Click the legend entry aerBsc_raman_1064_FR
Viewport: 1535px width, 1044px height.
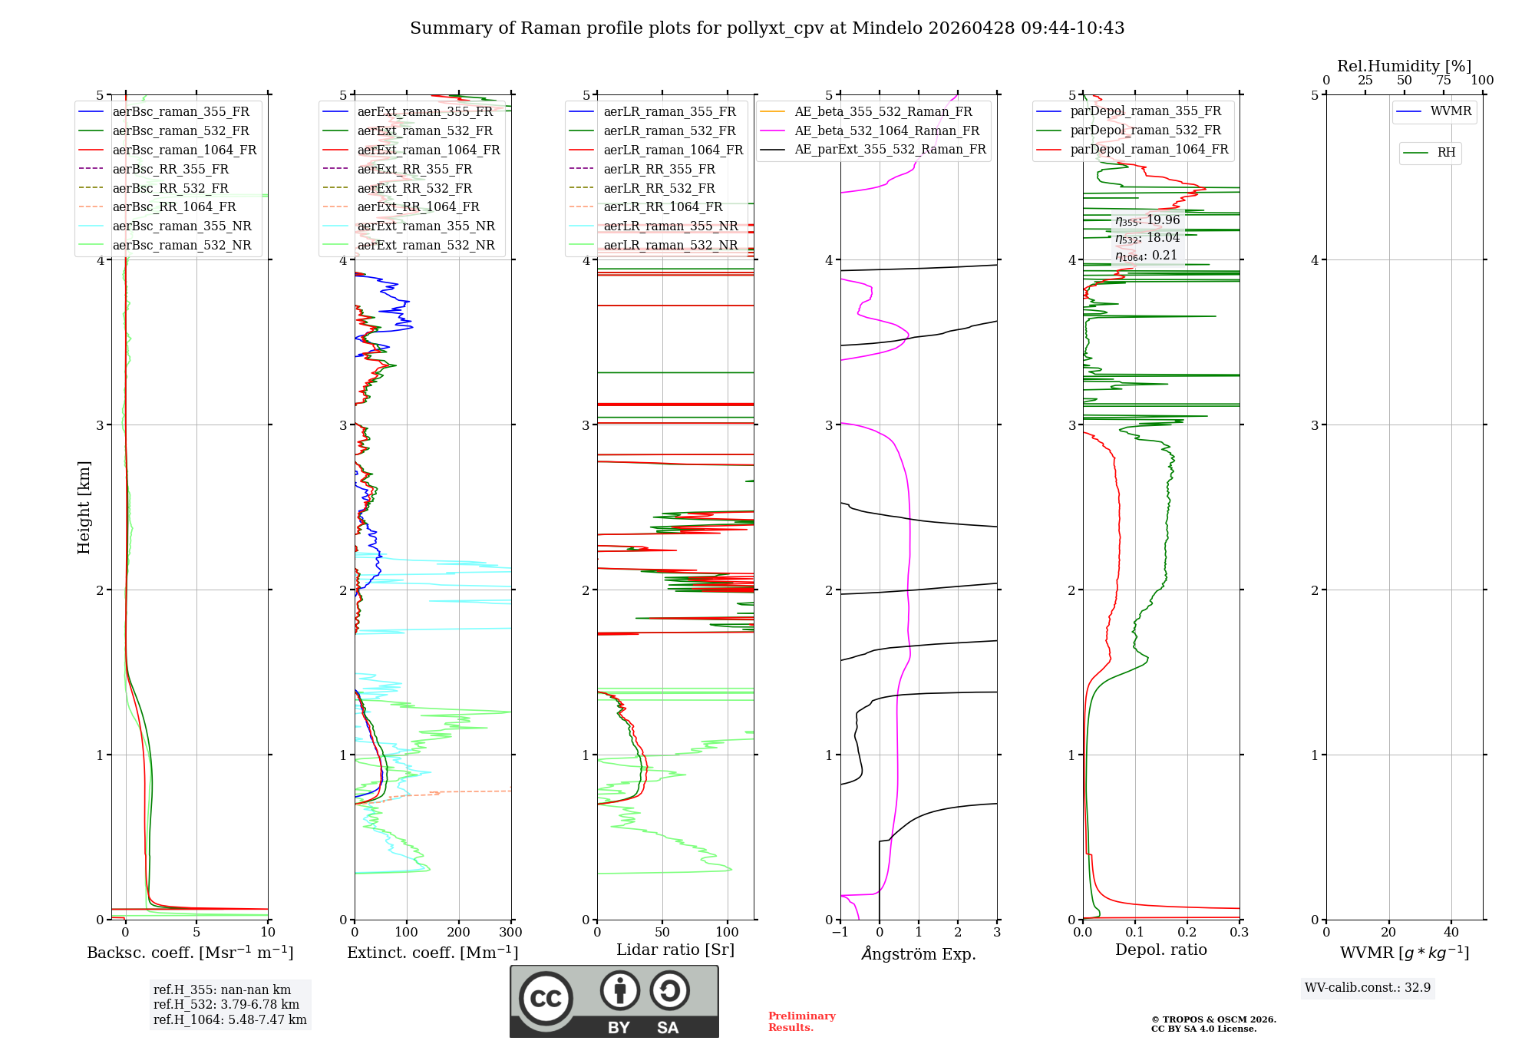click(x=184, y=150)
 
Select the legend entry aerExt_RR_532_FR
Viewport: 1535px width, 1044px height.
click(x=414, y=188)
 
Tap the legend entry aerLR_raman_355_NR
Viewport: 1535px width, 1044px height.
click(x=670, y=226)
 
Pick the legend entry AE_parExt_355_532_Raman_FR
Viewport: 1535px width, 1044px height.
click(x=890, y=149)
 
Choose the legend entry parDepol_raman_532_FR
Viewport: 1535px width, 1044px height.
click(x=1145, y=130)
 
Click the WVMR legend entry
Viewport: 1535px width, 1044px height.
click(x=1450, y=111)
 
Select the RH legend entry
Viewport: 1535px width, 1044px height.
click(x=1446, y=153)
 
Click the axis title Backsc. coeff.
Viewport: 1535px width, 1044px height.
click(x=190, y=953)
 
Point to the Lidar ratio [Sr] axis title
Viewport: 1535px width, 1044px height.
click(x=675, y=950)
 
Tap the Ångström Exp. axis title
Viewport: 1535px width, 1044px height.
click(x=919, y=953)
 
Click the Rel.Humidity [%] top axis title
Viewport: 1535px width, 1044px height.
click(x=1404, y=66)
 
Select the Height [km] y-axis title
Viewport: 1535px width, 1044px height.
click(x=84, y=507)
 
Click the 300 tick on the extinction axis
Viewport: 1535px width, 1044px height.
click(x=510, y=933)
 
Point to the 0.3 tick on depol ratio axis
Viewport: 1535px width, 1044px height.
click(x=1239, y=933)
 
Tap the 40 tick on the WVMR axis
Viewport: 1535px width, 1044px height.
click(x=1451, y=933)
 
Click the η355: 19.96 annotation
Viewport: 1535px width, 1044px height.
click(x=1147, y=220)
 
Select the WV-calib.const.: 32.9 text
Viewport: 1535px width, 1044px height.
click(x=1368, y=988)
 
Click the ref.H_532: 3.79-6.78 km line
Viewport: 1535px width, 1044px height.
click(x=226, y=1005)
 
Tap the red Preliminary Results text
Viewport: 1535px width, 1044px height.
click(x=801, y=1022)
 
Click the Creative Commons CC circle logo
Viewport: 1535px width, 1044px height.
click(x=546, y=998)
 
